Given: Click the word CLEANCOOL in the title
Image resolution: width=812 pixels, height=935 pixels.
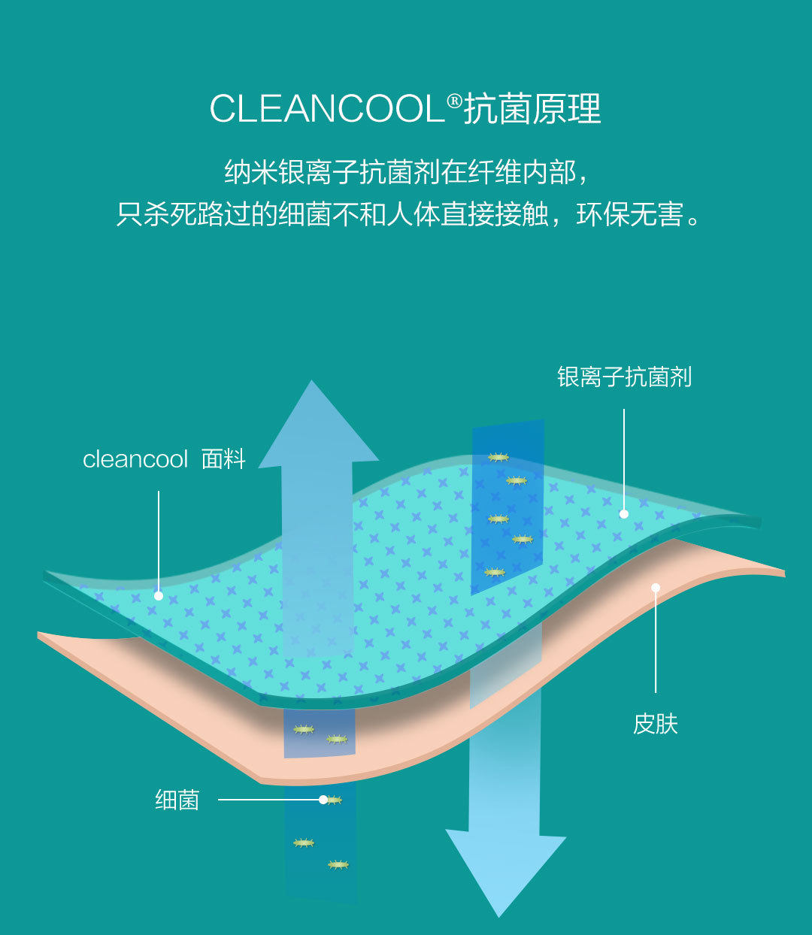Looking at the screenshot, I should click(327, 109).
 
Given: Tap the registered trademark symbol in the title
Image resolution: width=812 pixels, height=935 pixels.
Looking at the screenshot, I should click(454, 100).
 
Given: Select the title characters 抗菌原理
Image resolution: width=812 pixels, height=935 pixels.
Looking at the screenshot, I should click(532, 109).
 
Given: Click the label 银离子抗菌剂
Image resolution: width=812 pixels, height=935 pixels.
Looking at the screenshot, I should click(624, 377).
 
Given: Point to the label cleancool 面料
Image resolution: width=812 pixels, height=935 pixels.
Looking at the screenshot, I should click(164, 458).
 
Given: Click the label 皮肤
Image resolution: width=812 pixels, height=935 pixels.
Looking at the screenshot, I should click(656, 724).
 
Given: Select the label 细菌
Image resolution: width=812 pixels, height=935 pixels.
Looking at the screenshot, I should click(177, 800).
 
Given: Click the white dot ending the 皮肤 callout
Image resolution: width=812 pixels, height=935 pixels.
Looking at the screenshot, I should click(656, 588).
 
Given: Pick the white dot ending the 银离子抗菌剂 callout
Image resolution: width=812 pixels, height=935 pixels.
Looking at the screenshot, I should click(624, 514).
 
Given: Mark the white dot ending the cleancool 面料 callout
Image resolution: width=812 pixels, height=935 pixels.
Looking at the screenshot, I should click(159, 596).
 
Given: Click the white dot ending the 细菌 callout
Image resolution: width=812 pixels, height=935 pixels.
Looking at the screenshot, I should click(323, 800).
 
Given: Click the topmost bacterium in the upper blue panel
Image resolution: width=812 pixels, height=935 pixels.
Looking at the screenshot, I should click(498, 457).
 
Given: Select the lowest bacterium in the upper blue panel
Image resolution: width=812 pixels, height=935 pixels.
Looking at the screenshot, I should click(494, 572).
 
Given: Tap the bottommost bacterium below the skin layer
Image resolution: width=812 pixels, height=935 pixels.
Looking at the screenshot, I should click(338, 865).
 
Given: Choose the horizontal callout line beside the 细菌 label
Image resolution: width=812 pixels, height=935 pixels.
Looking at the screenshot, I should click(267, 800).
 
